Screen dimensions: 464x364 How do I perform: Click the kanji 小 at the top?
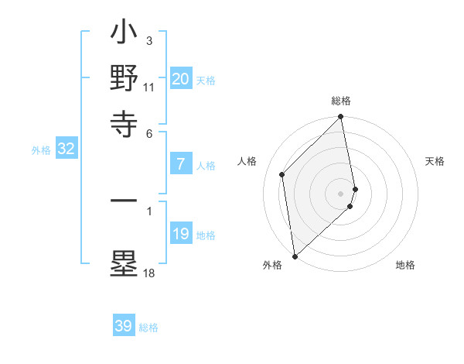click(x=125, y=36)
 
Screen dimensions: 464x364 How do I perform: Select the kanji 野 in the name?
click(x=125, y=78)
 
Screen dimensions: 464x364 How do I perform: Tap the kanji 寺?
click(x=125, y=121)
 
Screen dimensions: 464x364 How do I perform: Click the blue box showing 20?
click(x=181, y=78)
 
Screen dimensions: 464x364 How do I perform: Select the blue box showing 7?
click(x=181, y=163)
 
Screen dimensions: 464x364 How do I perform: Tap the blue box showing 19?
click(x=181, y=233)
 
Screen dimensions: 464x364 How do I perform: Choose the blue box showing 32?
click(x=66, y=149)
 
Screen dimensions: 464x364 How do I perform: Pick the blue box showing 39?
click(x=124, y=326)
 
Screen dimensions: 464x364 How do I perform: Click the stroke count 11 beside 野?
click(x=148, y=87)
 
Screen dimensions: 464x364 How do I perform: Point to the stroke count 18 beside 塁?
click(x=148, y=273)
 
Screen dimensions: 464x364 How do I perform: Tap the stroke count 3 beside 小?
click(x=148, y=40)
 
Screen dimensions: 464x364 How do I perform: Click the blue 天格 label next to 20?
click(x=206, y=80)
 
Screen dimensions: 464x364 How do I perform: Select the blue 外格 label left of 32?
click(x=41, y=150)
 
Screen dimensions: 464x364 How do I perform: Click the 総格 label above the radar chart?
click(x=341, y=101)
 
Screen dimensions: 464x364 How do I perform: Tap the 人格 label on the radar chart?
click(x=247, y=161)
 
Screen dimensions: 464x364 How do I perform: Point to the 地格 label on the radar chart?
click(x=405, y=265)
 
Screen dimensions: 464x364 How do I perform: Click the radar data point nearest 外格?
click(x=295, y=256)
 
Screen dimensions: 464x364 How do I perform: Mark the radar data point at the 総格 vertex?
click(x=341, y=118)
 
